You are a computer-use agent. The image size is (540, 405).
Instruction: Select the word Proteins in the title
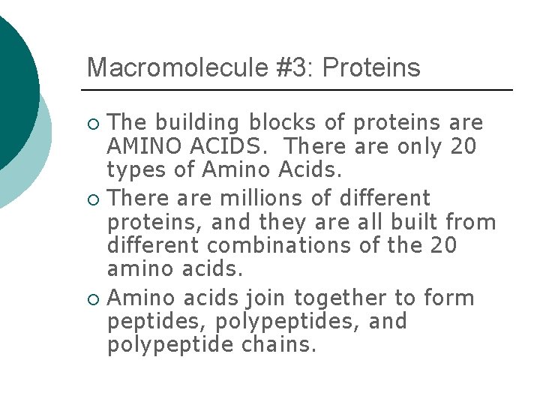coord(372,67)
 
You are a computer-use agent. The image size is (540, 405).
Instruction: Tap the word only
coord(418,145)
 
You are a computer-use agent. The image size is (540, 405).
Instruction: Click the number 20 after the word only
coord(463,145)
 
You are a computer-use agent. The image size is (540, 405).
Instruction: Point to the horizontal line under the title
coord(300,90)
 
